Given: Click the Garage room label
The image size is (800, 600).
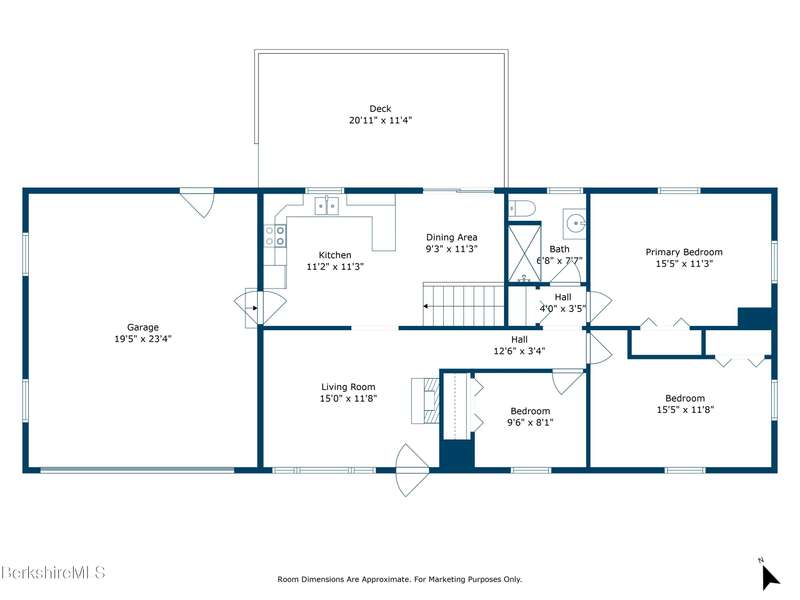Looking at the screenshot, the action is coord(142,328).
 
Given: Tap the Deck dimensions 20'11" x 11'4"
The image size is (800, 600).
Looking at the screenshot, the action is coord(380,120).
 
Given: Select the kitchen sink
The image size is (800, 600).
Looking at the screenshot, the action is coord(327,206).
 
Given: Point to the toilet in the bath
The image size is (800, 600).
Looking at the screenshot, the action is coord(522,209).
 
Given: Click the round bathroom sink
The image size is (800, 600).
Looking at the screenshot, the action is coord(574,223).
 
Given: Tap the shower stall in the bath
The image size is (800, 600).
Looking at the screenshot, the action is coord(524,253).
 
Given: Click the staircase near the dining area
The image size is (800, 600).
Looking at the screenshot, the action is coord(463,305).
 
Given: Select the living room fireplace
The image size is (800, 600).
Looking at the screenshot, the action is coord(425,401).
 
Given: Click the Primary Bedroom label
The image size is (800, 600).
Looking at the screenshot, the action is coord(684,252).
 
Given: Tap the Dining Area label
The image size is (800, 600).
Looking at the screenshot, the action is coord(452,237).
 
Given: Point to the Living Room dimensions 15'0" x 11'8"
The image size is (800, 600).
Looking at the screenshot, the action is coord(348,398).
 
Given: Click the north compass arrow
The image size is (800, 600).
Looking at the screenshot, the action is coord(769,578).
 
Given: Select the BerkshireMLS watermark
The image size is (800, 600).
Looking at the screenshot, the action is coord(53,572).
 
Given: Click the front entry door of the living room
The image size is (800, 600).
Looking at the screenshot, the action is coord(412,470).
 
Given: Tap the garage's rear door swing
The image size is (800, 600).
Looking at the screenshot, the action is coord(197,203).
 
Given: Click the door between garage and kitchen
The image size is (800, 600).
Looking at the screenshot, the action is coord(260,307).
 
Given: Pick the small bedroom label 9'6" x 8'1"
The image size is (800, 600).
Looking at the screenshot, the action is coord(530,422).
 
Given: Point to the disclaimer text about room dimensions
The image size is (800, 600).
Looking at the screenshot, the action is coord(399,579).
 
